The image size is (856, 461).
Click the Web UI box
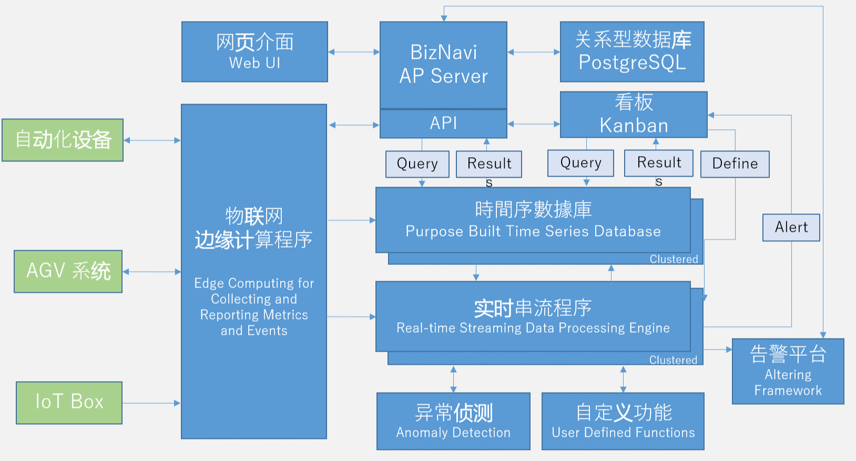coord(254,52)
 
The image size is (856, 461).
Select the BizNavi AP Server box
coord(443,64)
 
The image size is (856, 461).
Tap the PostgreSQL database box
coord(632,52)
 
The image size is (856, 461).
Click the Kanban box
coord(634,115)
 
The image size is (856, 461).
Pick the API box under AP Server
coord(443,124)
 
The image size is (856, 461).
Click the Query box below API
coord(417,164)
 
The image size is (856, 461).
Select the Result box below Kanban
coord(658,163)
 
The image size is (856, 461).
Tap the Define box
coord(735,164)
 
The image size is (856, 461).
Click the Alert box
coord(791,227)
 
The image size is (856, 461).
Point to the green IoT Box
coord(69,403)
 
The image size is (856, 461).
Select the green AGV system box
coord(68,271)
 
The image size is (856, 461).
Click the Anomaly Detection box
coord(453,421)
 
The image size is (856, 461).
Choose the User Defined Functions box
coord(623,421)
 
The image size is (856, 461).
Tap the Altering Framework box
coord(788,371)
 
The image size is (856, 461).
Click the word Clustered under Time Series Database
coord(674,259)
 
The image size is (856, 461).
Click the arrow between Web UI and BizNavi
coord(354,52)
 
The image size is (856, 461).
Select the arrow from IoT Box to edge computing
coord(151,403)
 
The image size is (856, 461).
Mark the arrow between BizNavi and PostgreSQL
coord(534,52)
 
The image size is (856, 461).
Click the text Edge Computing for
coord(254,283)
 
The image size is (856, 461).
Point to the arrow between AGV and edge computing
coord(152,272)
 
